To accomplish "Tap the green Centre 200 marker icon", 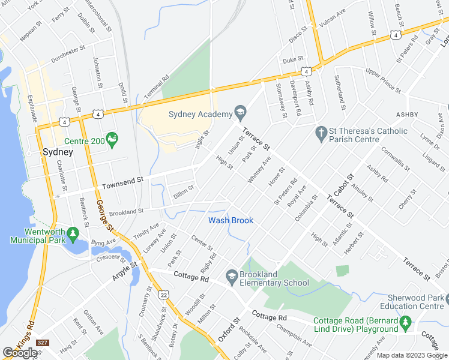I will pos(112,139).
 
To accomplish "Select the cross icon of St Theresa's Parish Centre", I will pos(321,131).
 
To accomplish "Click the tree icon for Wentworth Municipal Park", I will pos(73,232).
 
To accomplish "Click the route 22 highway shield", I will pos(163,295).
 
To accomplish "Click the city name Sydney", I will pos(58,152).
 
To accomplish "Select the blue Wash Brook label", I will pos(231,220).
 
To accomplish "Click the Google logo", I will pos(20,352).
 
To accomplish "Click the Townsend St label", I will pos(123,179).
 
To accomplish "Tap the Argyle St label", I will pos(125,271).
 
